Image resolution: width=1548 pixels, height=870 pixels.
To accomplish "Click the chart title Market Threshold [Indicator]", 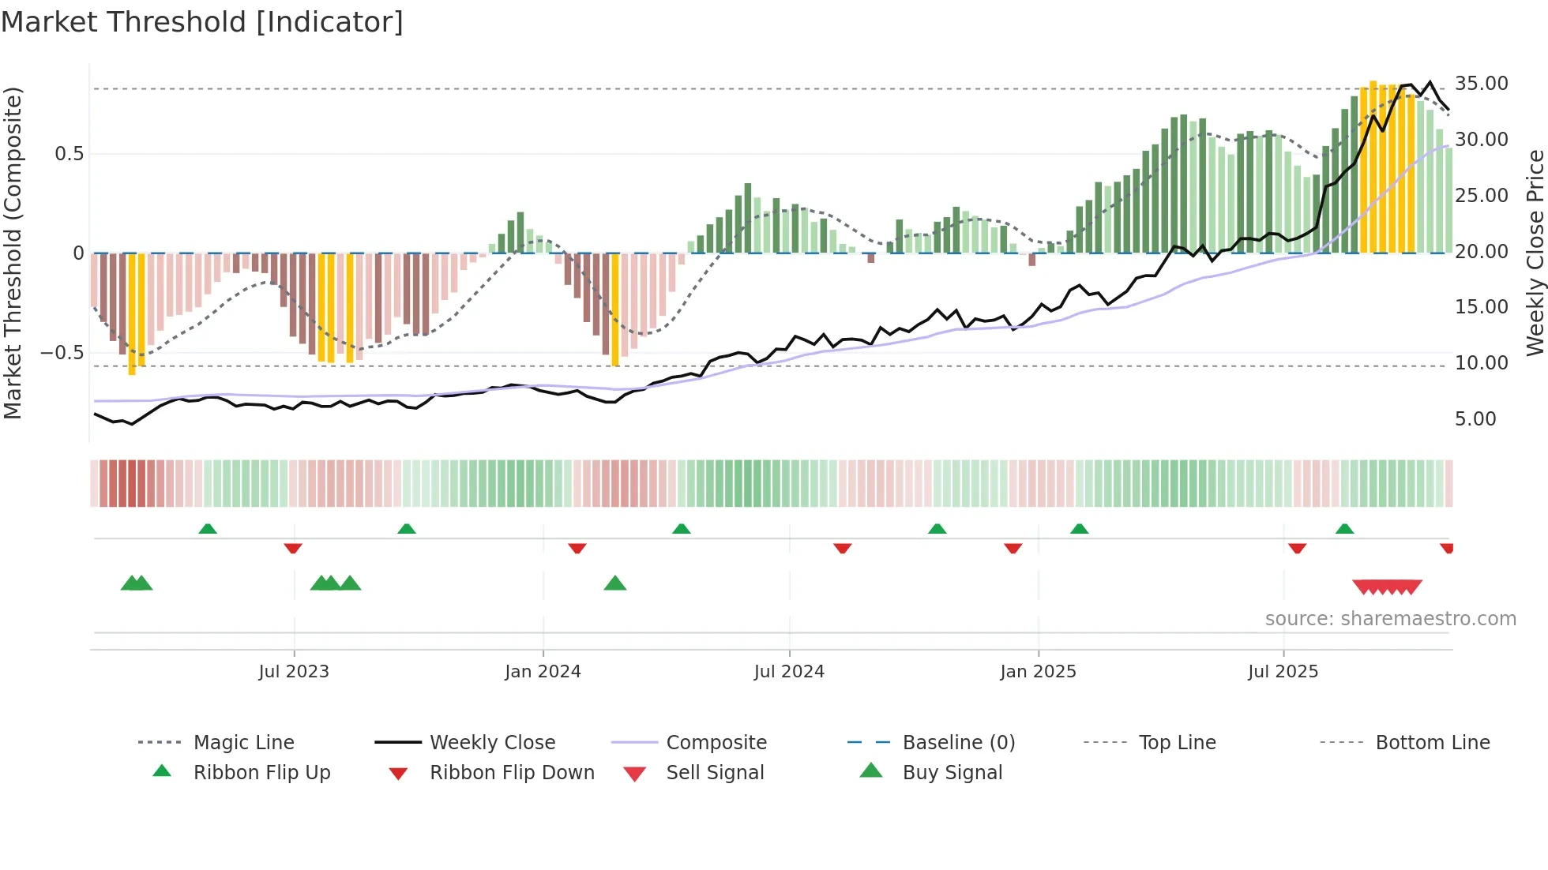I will (202, 22).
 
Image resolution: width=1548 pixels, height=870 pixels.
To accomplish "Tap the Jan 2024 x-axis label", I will (543, 672).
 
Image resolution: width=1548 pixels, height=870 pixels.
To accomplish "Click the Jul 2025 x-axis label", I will (1283, 672).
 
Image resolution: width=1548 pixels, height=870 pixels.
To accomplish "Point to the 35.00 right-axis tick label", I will (1481, 84).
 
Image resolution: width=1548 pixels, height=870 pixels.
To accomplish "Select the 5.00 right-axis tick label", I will (1475, 419).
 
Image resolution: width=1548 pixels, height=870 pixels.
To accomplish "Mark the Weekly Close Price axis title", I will (1535, 253).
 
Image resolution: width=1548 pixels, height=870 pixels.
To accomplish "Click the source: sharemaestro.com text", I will (1390, 619).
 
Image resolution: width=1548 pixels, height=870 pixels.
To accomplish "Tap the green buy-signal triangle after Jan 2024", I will (614, 584).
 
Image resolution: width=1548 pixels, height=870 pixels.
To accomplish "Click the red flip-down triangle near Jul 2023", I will (293, 548).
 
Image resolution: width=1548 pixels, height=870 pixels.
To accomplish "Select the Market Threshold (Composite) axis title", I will (13, 253).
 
